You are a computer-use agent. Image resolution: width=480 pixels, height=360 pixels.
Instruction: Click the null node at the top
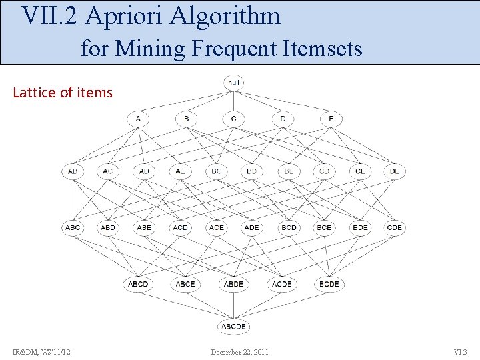(x=234, y=83)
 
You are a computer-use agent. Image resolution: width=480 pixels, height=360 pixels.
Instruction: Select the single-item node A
(x=138, y=119)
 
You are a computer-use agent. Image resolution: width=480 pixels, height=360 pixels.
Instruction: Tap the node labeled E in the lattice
(x=331, y=119)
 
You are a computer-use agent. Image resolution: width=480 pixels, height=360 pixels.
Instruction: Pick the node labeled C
(x=234, y=119)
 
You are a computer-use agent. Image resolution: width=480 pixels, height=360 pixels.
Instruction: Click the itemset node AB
(x=73, y=171)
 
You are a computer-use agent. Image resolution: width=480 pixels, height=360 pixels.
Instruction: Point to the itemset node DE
(x=395, y=171)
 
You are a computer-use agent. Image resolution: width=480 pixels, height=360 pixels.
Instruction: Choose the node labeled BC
(x=216, y=171)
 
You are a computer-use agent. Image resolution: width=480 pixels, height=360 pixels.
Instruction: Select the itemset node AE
(x=180, y=171)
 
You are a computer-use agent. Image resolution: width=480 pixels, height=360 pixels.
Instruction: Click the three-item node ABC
(x=73, y=227)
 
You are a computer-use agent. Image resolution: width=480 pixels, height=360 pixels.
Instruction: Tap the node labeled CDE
(x=395, y=227)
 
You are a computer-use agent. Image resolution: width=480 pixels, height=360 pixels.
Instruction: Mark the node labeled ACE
(x=216, y=227)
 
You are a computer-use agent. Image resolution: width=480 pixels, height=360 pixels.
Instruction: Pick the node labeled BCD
(x=289, y=227)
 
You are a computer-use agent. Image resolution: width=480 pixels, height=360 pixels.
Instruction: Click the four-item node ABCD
(x=138, y=284)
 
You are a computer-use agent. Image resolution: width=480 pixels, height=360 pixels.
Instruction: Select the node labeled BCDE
(x=329, y=284)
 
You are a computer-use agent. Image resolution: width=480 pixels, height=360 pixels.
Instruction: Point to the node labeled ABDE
(x=234, y=284)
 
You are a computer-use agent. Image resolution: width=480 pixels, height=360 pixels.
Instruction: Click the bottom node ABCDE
(x=234, y=327)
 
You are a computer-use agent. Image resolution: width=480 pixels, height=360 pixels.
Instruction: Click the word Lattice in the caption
(x=34, y=93)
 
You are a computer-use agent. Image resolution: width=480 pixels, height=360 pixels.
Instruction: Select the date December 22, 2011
(x=240, y=352)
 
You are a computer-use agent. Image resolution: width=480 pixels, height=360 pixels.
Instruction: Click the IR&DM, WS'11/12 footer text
(x=41, y=352)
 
